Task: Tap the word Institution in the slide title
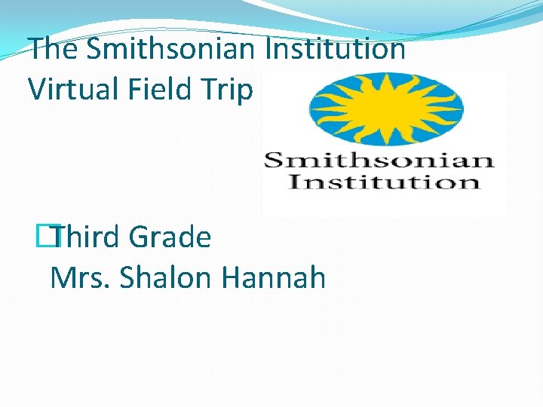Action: (336, 50)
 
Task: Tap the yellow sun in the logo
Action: (386, 108)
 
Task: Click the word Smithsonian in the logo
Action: (379, 161)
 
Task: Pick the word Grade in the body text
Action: (170, 238)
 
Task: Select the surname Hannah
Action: (274, 278)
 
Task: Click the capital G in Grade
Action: (139, 238)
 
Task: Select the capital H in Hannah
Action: (232, 278)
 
